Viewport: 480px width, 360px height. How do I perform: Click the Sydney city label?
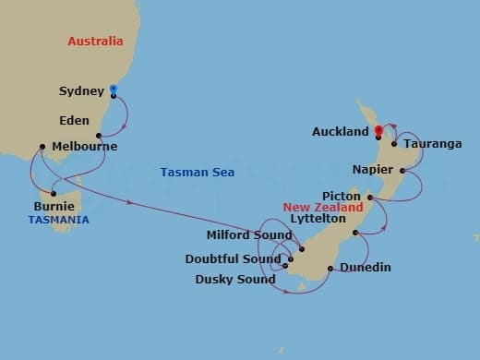[x=80, y=90]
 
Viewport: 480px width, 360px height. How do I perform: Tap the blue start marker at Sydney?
[x=113, y=89]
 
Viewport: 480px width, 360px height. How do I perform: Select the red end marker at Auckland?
[x=378, y=129]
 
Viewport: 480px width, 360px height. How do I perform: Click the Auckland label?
[x=341, y=132]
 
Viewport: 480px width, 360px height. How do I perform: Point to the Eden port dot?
[x=99, y=135]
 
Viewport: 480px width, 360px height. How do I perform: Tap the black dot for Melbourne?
[x=42, y=146]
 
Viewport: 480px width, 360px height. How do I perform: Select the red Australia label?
[x=95, y=42]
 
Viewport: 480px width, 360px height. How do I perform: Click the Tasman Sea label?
[x=197, y=173]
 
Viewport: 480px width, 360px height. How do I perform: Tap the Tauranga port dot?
[x=394, y=143]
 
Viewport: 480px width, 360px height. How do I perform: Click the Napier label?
[x=372, y=170]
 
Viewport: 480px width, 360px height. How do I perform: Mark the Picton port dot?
[x=370, y=198]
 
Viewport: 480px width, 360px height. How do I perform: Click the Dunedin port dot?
[x=330, y=269]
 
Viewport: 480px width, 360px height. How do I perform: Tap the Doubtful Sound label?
[x=234, y=259]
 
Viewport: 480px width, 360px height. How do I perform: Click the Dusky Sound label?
[x=235, y=279]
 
